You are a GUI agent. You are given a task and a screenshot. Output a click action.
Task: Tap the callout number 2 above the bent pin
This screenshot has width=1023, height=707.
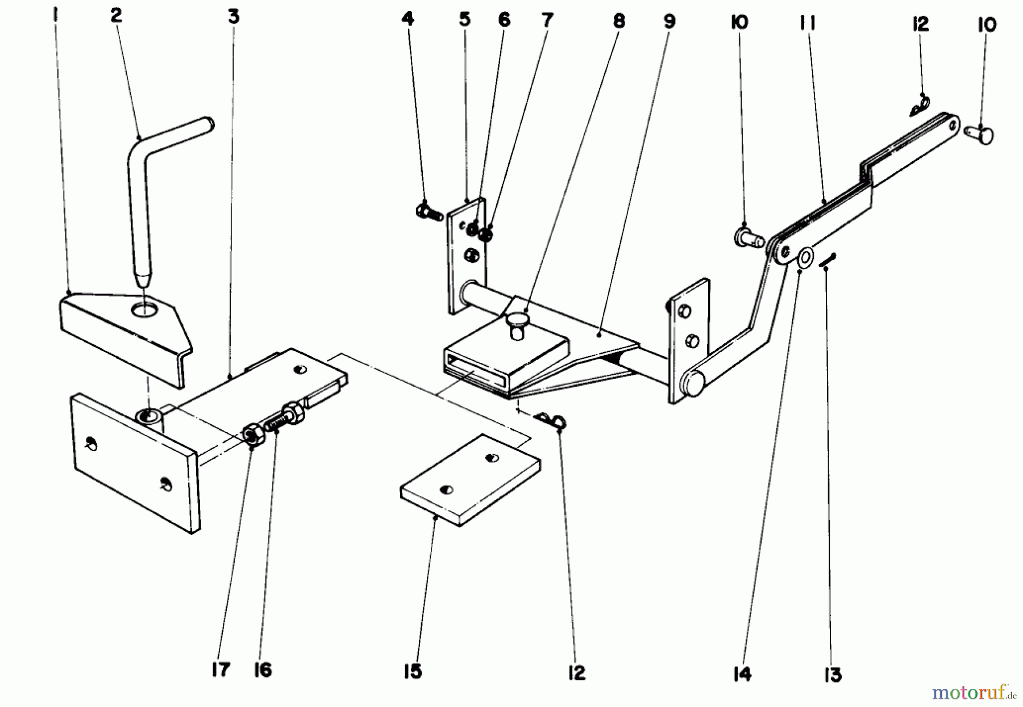[x=116, y=15]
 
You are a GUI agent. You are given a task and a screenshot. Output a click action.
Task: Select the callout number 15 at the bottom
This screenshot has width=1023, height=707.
[x=413, y=671]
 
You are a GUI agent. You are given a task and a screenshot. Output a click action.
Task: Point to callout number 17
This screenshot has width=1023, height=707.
[x=221, y=670]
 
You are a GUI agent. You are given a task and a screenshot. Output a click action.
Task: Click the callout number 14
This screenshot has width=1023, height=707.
[x=742, y=673]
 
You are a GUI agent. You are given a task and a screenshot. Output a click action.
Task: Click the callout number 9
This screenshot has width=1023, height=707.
[x=669, y=22]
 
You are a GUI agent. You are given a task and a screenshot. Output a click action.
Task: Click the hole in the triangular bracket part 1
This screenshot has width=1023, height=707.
[x=145, y=310]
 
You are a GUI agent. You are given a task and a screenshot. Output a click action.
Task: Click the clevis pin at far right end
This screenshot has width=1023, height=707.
[x=980, y=133]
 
